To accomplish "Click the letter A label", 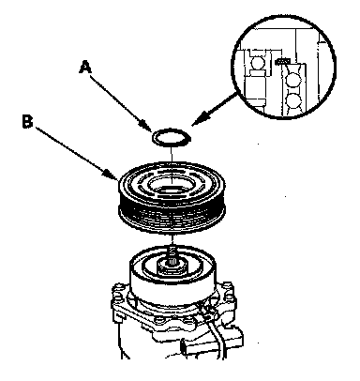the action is (85, 68).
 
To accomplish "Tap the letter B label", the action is (27, 121).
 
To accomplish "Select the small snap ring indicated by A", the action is (172, 137).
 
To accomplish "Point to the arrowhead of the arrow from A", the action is (147, 126).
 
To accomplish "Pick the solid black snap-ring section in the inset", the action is (282, 61).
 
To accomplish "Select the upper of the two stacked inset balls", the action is (294, 80).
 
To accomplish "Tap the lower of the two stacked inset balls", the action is (293, 100).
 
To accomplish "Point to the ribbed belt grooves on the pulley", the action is (172, 213).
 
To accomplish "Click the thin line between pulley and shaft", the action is (172, 240).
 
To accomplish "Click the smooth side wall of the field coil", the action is (172, 287).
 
